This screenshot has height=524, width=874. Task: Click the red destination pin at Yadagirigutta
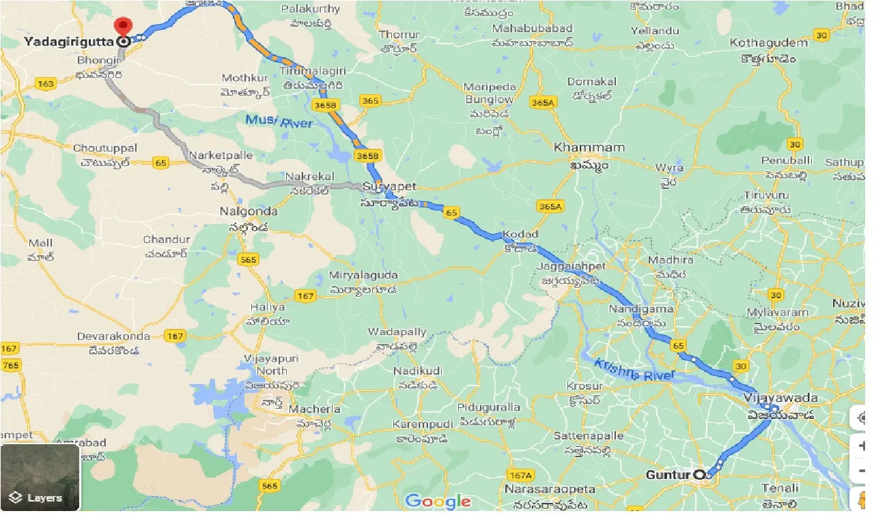[123, 27]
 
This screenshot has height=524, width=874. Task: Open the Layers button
[40, 478]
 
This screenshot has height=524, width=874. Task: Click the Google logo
[438, 501]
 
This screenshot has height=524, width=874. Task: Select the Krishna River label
[634, 369]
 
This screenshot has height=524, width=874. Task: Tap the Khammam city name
[580, 147]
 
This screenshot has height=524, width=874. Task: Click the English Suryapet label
[389, 186]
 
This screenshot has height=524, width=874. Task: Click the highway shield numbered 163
[46, 84]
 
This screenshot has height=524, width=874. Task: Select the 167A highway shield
[520, 475]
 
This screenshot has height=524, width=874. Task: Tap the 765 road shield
[10, 365]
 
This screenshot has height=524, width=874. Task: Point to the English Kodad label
[520, 235]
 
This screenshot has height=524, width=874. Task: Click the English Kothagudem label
[768, 42]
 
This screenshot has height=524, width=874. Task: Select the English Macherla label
[315, 409]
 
